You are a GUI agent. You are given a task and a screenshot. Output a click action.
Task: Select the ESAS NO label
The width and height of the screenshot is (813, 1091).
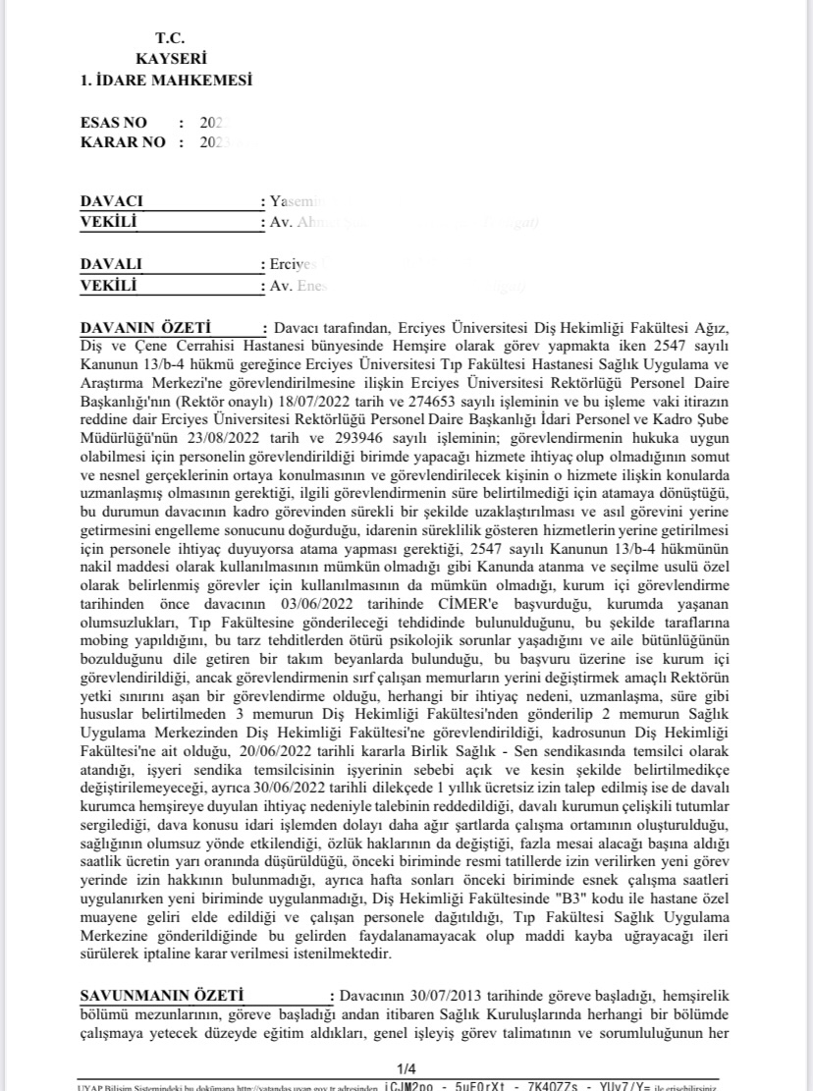(x=114, y=123)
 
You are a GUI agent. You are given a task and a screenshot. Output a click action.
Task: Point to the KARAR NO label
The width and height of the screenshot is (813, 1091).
(x=120, y=142)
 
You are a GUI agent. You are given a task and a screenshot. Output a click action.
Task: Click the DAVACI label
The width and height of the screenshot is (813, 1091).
(x=112, y=201)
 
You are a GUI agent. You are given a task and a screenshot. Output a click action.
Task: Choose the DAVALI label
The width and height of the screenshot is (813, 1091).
(x=111, y=265)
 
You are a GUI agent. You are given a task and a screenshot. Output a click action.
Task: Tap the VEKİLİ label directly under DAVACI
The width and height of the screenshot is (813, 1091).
(x=108, y=222)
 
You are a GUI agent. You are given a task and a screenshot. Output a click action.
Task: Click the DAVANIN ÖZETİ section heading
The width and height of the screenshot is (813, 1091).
(x=143, y=326)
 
